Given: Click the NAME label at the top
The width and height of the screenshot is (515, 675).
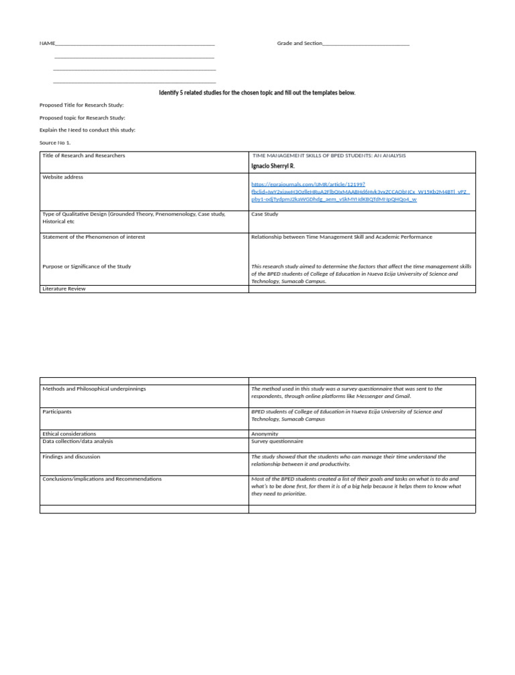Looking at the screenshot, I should point(47,44).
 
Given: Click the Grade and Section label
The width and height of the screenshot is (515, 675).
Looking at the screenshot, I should point(299,44).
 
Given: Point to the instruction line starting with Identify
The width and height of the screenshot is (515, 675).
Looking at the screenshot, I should point(257,93).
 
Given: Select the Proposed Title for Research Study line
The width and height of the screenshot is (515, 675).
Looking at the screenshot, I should point(82,105).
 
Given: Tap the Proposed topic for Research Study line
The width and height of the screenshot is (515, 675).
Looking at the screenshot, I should point(82,118).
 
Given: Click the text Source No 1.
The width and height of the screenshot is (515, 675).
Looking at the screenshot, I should point(55,143).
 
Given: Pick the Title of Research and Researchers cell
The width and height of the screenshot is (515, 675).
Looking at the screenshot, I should point(84,156).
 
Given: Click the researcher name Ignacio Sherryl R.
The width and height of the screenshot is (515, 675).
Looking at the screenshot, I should point(272,166).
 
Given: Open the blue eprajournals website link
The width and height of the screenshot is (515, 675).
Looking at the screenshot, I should point(360,191).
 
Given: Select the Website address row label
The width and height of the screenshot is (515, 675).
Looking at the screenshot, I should point(63,177).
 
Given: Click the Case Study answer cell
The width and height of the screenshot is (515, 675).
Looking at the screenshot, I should point(264,215).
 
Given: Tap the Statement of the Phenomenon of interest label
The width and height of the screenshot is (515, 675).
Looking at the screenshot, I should point(94,237).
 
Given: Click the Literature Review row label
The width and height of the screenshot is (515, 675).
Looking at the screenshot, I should point(64,289).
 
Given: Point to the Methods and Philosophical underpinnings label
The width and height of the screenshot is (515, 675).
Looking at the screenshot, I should point(94,388).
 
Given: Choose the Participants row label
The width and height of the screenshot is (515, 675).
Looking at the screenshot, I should point(57,411).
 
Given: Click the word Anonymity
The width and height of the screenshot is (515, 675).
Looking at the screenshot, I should point(264,434).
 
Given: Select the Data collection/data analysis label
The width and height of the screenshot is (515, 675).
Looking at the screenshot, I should point(78,442).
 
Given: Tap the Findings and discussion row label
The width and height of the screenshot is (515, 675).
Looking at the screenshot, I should point(71,457).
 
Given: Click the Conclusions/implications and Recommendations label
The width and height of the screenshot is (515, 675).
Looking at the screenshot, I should point(102,479).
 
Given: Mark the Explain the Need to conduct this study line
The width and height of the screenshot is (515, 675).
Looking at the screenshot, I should point(87,130).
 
